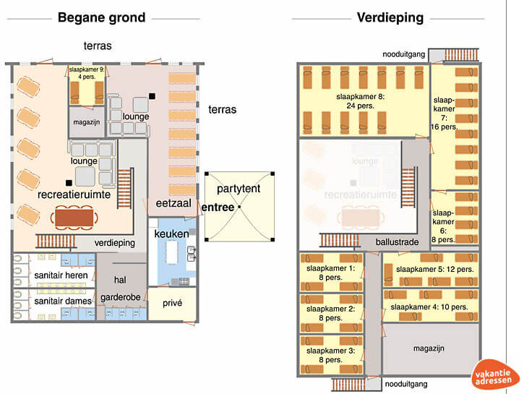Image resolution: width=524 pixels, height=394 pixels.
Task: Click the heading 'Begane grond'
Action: click(101, 17)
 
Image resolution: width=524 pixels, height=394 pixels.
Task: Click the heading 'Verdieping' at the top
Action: click(390, 17)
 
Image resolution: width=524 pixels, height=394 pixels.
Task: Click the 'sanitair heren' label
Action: click(61, 275)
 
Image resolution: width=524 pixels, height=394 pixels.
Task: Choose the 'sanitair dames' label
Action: click(63, 301)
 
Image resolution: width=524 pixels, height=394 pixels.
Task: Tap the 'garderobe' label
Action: click(121, 297)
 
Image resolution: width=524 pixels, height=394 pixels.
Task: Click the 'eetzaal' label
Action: click(173, 205)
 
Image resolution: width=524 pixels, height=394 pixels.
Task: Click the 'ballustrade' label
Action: click(397, 242)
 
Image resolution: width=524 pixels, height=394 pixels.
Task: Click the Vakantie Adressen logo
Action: click(496, 375)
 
